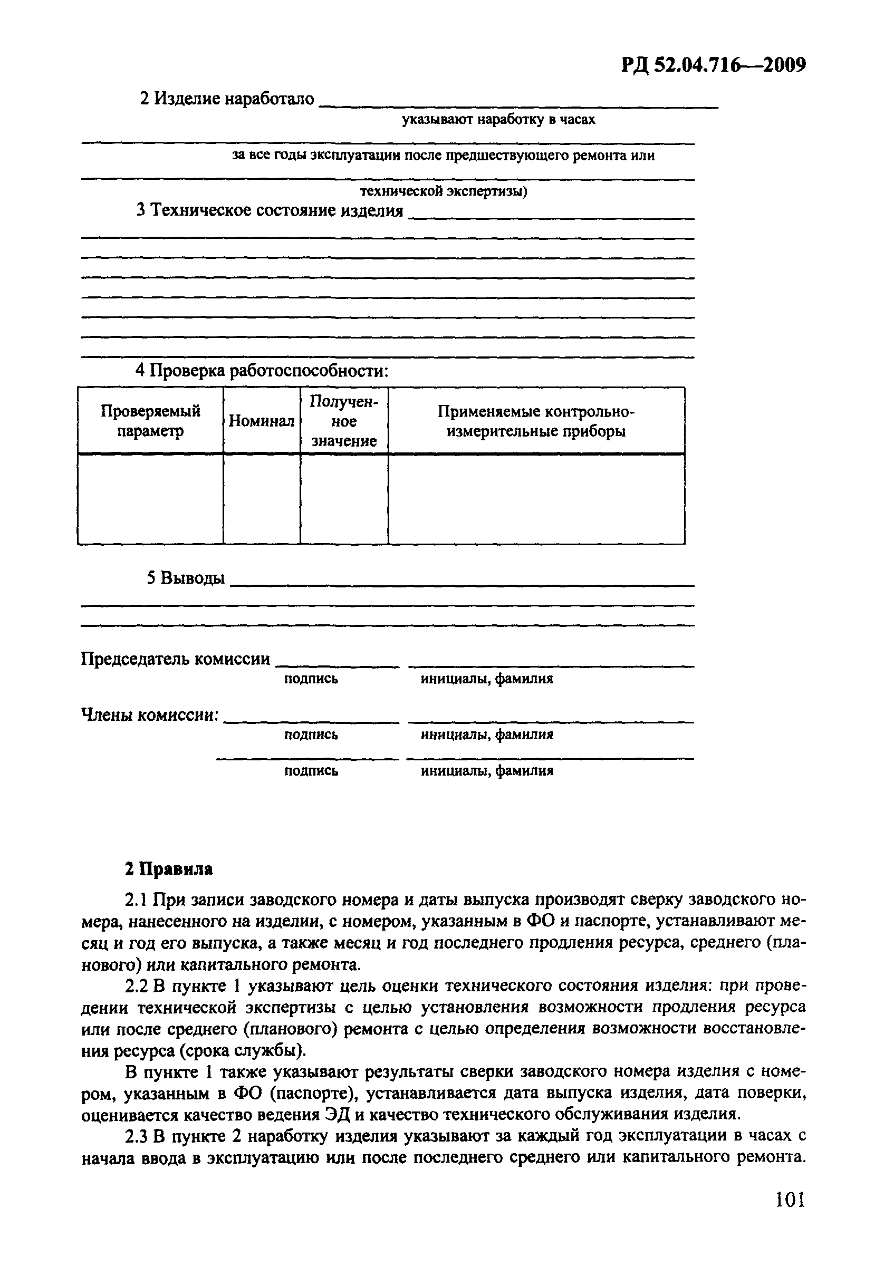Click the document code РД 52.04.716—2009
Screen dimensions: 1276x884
pyautogui.click(x=713, y=66)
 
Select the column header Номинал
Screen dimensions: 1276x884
pyautogui.click(x=262, y=421)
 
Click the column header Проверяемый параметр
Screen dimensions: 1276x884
pyautogui.click(x=151, y=421)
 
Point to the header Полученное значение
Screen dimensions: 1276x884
pyautogui.click(x=344, y=421)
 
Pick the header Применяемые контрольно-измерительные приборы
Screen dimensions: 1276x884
pyautogui.click(x=536, y=421)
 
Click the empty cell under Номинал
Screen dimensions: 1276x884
pyautogui.click(x=262, y=499)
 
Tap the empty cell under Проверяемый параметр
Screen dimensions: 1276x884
pyautogui.click(x=151, y=499)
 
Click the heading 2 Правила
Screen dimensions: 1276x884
pyautogui.click(x=168, y=869)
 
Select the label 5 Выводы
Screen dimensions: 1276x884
pyautogui.click(x=186, y=578)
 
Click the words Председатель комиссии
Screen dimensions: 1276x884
pyautogui.click(x=176, y=659)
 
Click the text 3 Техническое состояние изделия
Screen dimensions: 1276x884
pyautogui.click(x=270, y=210)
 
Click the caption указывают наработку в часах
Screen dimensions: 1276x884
pyautogui.click(x=498, y=120)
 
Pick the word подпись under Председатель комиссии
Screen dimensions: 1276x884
pyautogui.click(x=311, y=679)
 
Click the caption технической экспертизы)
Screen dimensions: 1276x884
pyautogui.click(x=444, y=191)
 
